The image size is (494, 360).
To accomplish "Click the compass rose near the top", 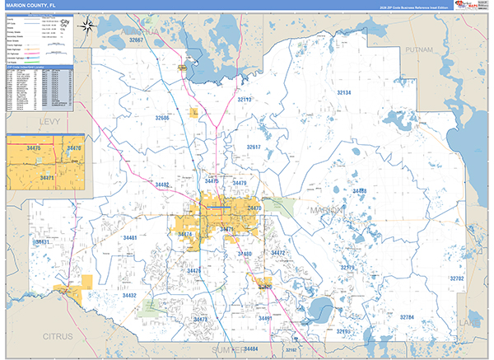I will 88,26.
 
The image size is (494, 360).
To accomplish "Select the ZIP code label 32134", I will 343,93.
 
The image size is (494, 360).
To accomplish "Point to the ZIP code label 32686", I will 162,118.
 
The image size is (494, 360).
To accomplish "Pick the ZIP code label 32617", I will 254,147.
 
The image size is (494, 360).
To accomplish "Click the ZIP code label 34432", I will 129,294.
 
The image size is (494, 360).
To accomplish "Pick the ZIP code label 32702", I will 457,278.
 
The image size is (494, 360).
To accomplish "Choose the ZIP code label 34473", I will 201,318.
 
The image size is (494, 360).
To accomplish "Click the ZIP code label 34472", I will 277,253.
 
